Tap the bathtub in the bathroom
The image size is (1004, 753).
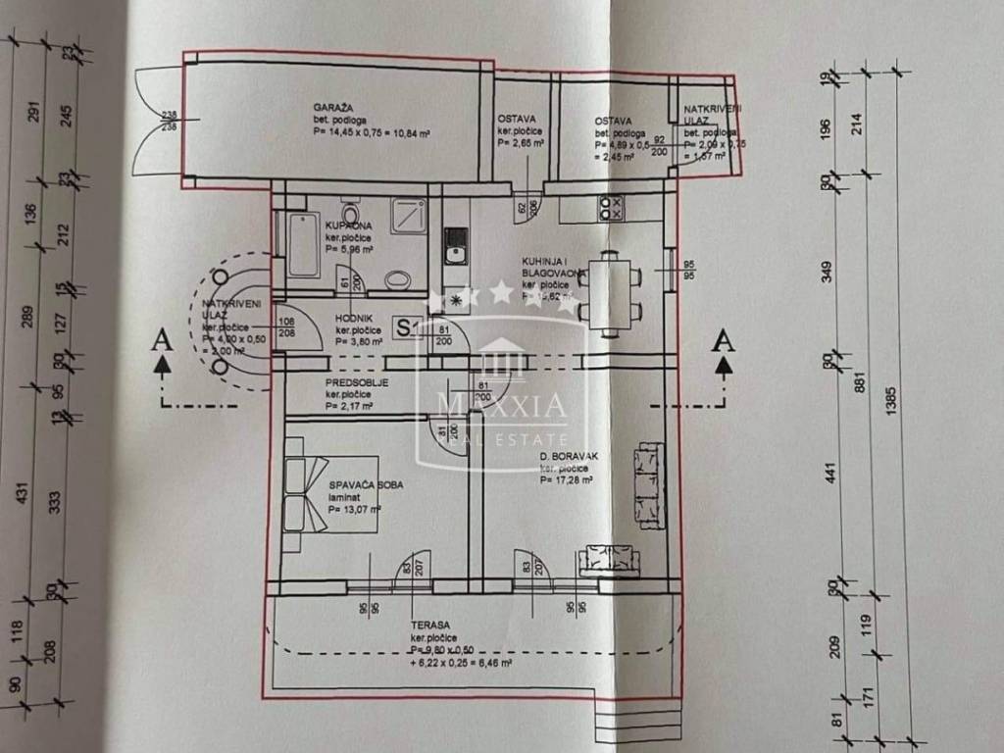tap(302, 244)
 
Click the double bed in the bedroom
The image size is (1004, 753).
tap(329, 495)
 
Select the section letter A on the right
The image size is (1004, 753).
tap(724, 340)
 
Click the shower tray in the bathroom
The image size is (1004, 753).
tap(406, 216)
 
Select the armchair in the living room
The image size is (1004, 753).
tap(609, 559)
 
